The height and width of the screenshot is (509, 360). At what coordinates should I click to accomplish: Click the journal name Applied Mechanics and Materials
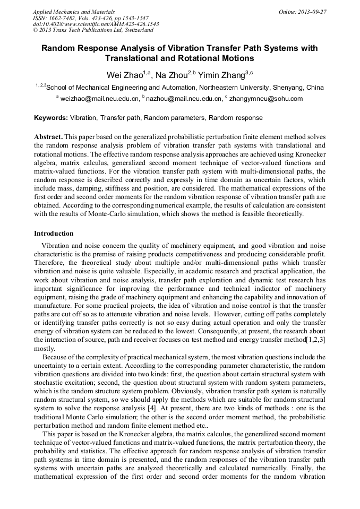tap(73, 11)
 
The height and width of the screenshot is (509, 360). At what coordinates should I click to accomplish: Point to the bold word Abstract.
tap(48, 136)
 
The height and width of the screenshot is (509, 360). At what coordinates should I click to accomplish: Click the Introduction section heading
tap(54, 234)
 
